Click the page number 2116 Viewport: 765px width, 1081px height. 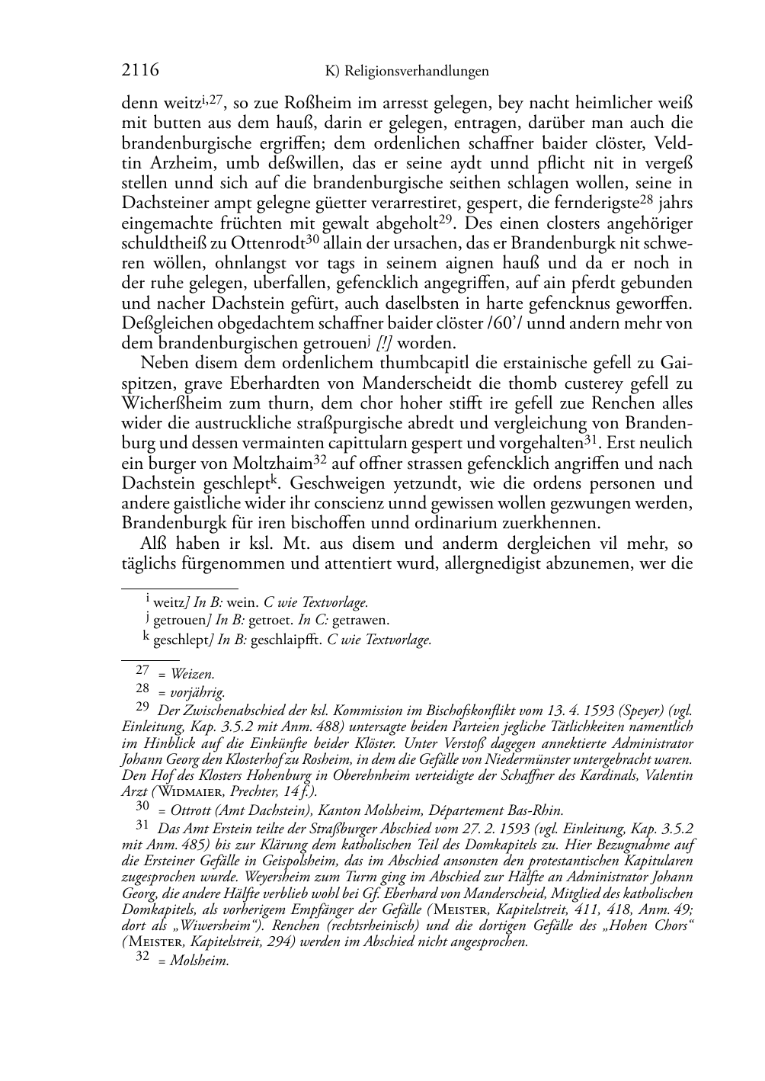point(140,71)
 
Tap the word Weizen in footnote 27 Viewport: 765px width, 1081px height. point(193,674)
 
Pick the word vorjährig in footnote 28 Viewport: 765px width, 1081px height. point(197,693)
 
